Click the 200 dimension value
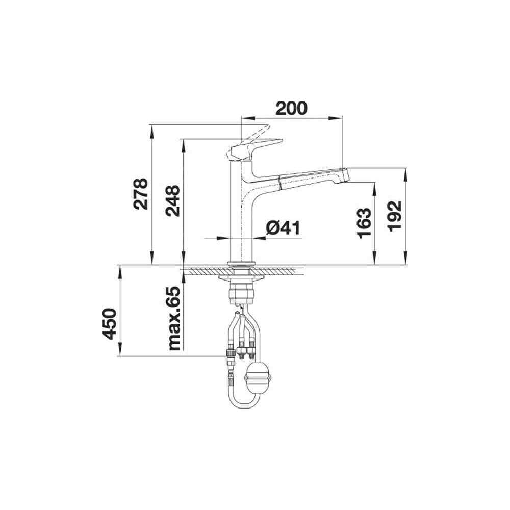point(291,108)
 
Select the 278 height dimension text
point(141,194)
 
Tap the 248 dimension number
point(172,200)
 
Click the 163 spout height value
point(364,223)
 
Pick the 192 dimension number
point(395,216)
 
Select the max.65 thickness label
point(174,318)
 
